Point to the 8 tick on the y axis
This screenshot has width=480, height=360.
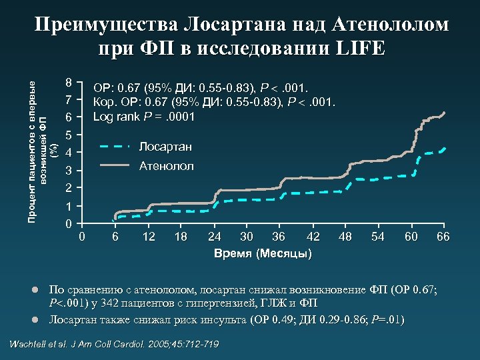coord(69,83)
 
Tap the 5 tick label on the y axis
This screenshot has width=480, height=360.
coord(69,135)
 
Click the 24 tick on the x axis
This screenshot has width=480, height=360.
coord(215,237)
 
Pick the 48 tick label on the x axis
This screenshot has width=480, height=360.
coord(345,237)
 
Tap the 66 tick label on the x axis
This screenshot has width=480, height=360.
coord(443,237)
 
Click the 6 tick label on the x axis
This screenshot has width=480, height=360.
coord(115,237)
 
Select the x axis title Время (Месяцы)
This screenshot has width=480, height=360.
coord(263,254)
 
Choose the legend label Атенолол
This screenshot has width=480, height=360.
coord(166,166)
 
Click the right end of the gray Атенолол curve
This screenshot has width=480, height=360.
coord(443,113)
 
